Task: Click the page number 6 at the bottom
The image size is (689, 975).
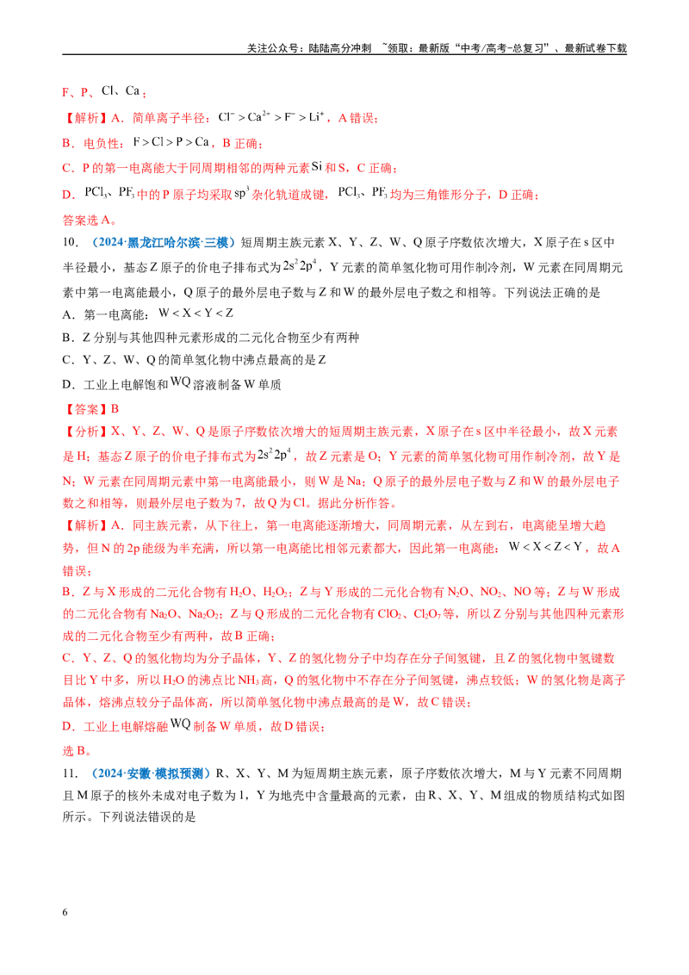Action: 65,912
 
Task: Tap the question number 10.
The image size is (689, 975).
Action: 71,243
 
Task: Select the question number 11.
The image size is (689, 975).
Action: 71,773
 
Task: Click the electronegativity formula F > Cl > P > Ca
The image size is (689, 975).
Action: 171,142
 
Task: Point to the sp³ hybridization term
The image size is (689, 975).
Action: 241,194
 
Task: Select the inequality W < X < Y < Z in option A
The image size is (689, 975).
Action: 196,313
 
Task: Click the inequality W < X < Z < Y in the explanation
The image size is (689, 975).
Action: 546,547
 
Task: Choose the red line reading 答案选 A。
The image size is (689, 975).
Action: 90,220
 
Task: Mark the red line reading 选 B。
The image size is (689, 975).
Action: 78,751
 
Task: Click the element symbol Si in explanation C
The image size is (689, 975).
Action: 317,166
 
